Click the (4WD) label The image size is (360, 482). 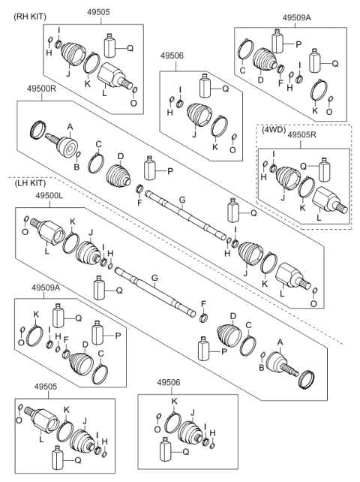273,129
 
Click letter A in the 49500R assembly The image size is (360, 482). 70,126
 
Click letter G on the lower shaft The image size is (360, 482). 155,278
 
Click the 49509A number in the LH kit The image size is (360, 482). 46,288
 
